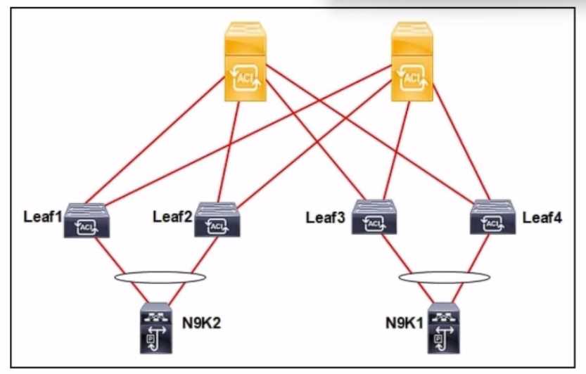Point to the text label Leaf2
172,215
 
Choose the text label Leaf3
325,217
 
